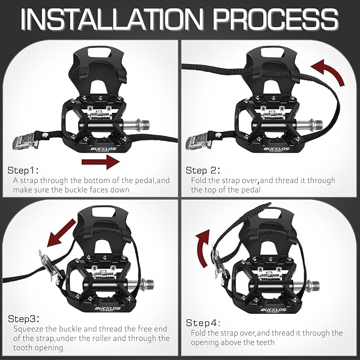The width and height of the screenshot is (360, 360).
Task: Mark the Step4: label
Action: tap(203, 322)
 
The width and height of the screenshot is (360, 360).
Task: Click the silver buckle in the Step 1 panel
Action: tap(25, 141)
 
